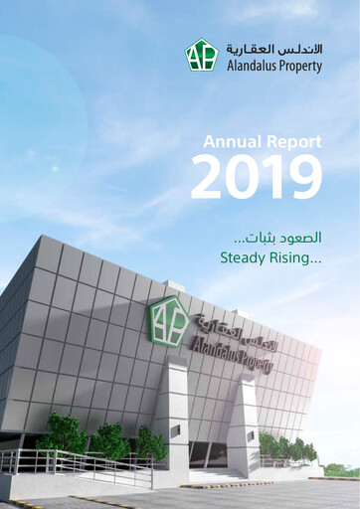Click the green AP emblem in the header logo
click(201, 55)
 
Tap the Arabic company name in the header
click(273, 48)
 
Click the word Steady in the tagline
click(246, 259)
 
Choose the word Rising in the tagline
click(298, 259)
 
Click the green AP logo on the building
click(167, 320)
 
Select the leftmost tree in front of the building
click(62, 433)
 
